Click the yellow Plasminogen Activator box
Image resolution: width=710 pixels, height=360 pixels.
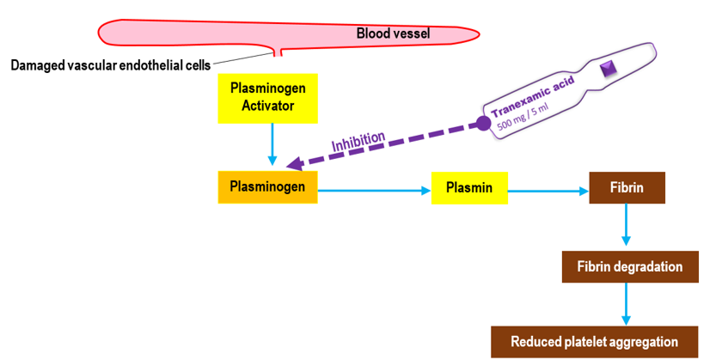click(268, 97)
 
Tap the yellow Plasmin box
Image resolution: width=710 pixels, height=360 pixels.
click(469, 187)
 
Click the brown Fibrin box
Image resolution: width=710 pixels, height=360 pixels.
click(627, 187)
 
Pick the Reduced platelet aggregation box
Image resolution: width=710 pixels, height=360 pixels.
click(594, 341)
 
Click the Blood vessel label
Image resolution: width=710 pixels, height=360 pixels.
click(393, 34)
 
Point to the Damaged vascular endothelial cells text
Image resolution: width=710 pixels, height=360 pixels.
click(110, 65)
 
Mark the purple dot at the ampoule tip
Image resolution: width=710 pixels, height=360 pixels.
click(483, 124)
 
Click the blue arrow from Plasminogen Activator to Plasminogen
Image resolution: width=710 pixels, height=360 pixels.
click(272, 143)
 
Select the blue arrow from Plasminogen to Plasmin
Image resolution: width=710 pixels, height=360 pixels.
click(374, 192)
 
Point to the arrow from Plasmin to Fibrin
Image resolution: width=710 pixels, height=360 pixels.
click(548, 192)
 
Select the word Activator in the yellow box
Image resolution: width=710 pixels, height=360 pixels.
click(268, 106)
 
